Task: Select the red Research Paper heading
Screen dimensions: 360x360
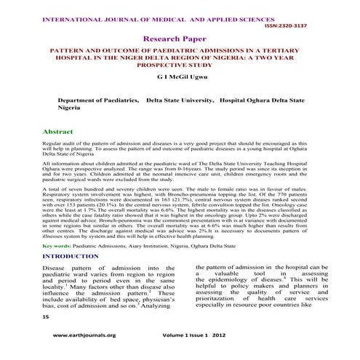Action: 180,37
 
